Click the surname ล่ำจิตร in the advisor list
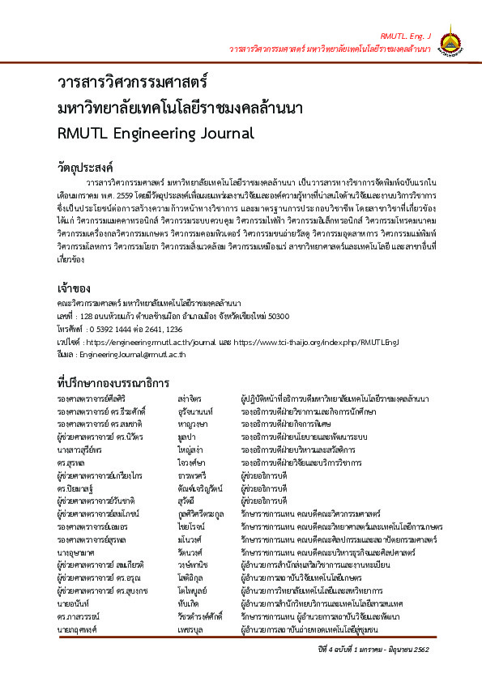click(190, 400)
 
